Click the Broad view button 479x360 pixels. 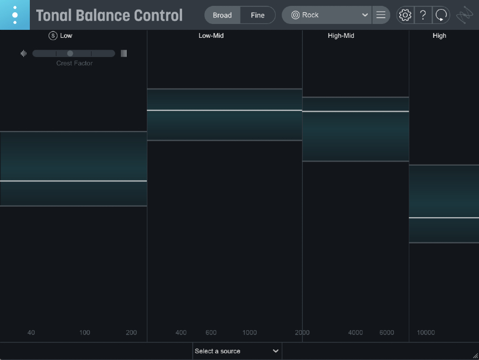click(222, 15)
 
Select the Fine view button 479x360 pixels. click(258, 15)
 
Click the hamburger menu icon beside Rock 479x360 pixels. click(381, 15)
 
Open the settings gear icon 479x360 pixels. click(405, 15)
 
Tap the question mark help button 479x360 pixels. click(423, 15)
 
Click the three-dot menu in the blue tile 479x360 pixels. click(15, 15)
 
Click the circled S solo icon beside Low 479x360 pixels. click(53, 36)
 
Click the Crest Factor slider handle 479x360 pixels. click(70, 53)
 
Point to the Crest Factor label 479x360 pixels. click(75, 63)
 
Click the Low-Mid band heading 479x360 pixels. click(211, 36)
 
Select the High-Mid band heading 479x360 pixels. click(341, 36)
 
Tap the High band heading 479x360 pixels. click(440, 36)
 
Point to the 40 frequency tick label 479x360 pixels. click(31, 333)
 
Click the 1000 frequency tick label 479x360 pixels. click(250, 333)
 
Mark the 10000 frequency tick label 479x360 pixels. click(426, 333)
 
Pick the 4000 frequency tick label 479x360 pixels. click(356, 333)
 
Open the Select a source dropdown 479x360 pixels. click(237, 351)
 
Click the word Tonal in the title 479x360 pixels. click(56, 15)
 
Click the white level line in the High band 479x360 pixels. click(444, 218)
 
